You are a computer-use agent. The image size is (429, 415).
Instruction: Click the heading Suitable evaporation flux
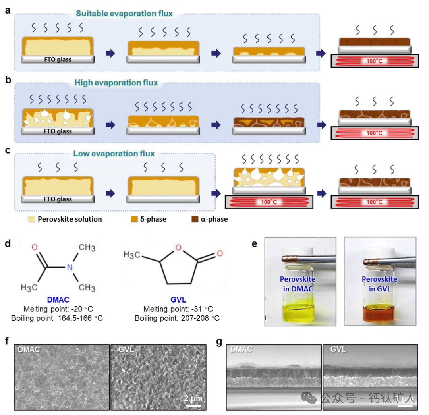tap(124, 14)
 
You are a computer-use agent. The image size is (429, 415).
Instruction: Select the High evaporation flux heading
tap(116, 83)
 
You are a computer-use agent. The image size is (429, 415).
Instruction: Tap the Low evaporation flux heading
tap(114, 153)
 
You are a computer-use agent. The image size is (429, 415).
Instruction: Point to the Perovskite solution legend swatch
tap(31, 219)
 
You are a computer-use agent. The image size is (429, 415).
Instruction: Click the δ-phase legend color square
tap(134, 219)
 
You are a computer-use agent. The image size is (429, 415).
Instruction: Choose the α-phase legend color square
tap(195, 219)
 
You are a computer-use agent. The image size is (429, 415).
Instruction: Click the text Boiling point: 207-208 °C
tap(177, 318)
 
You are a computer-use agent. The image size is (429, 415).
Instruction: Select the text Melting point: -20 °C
tap(58, 309)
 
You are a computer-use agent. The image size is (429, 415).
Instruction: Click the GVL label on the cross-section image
tap(338, 349)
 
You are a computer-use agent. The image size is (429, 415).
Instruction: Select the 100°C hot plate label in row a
tap(374, 61)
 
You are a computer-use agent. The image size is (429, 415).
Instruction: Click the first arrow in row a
tap(111, 53)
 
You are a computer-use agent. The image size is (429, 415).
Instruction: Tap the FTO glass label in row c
tap(58, 199)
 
